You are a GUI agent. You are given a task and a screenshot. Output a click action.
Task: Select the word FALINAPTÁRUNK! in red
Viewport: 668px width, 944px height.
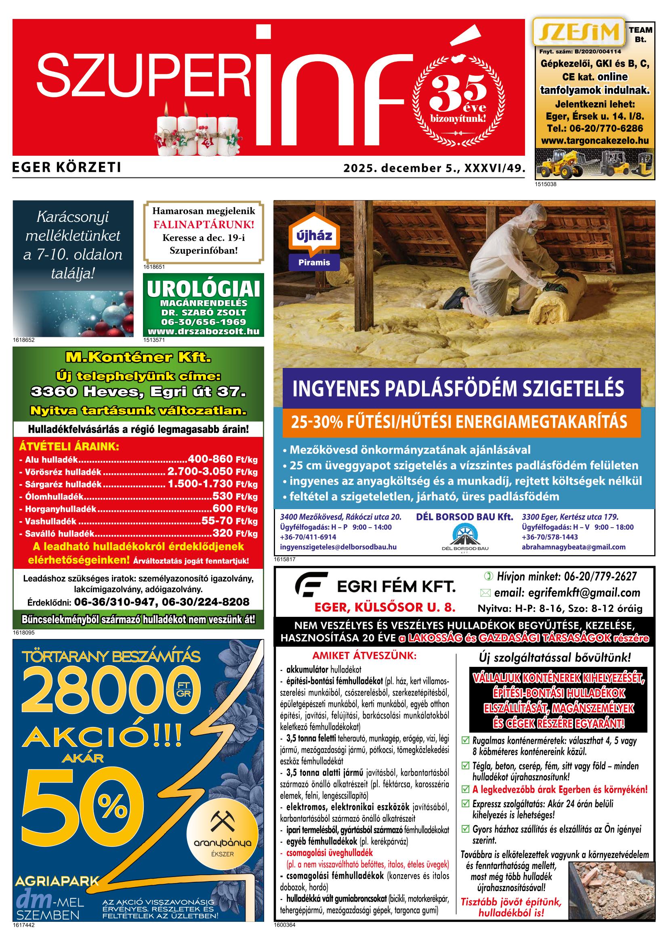pos(204,224)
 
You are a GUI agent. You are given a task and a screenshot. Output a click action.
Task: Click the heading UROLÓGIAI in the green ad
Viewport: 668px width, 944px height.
pos(203,289)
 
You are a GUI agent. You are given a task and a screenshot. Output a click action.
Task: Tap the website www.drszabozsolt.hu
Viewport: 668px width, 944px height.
pos(203,331)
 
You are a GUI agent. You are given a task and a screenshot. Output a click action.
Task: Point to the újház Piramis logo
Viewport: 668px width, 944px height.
pos(314,242)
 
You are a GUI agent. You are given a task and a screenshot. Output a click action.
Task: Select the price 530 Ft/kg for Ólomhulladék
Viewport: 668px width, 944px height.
pos(235,496)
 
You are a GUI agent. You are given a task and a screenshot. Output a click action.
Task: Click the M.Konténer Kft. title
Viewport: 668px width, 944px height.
pos(138,357)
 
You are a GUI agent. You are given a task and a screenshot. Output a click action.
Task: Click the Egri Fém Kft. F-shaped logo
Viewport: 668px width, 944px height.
pos(311,584)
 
